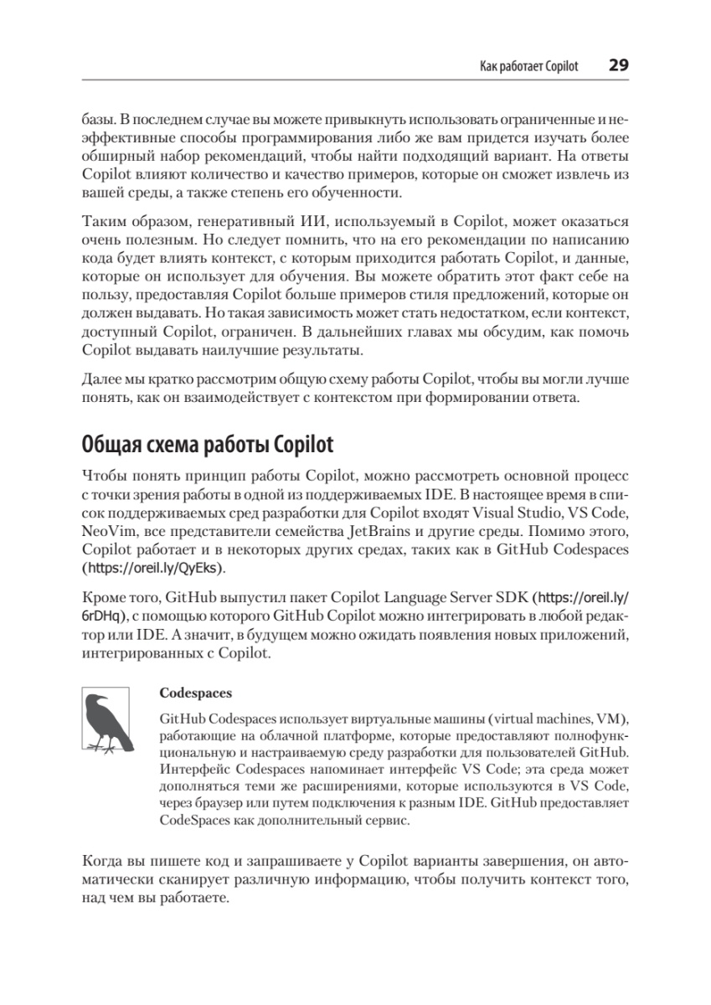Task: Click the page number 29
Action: point(618,65)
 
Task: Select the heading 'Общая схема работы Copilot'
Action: point(208,441)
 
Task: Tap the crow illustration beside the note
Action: point(106,719)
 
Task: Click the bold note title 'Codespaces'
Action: point(195,693)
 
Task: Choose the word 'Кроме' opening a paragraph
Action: point(103,597)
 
